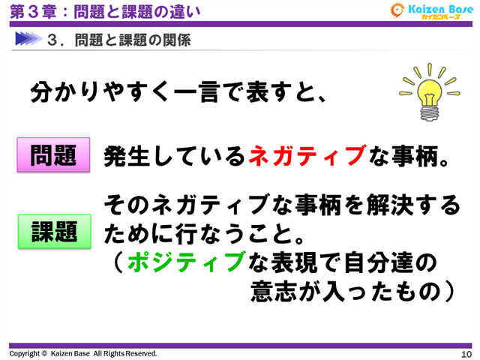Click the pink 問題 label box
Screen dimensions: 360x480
tap(53, 155)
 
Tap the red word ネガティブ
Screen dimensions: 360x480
tap(307, 155)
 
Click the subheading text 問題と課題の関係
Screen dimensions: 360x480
tap(133, 39)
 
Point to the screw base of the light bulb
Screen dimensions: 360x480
tap(430, 112)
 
